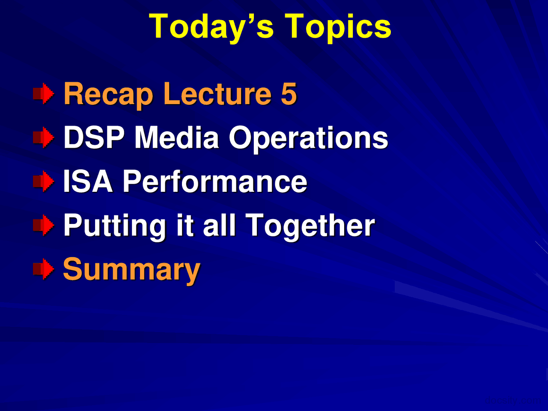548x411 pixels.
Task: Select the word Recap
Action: point(108,94)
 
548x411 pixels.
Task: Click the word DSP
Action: point(94,137)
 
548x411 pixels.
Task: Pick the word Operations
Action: point(308,138)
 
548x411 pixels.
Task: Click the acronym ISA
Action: point(88,181)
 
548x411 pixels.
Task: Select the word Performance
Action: point(215,181)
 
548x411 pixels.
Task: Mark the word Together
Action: point(310,225)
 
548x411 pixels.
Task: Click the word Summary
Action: point(131,270)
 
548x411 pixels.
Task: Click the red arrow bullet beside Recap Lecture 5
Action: point(44,94)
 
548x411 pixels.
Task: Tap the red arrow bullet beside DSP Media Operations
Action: point(44,137)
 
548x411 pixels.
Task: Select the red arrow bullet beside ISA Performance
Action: point(44,181)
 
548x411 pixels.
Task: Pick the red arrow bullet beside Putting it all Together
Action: point(44,225)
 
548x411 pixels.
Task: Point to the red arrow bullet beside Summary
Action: point(44,269)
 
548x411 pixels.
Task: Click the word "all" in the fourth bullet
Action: point(219,225)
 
